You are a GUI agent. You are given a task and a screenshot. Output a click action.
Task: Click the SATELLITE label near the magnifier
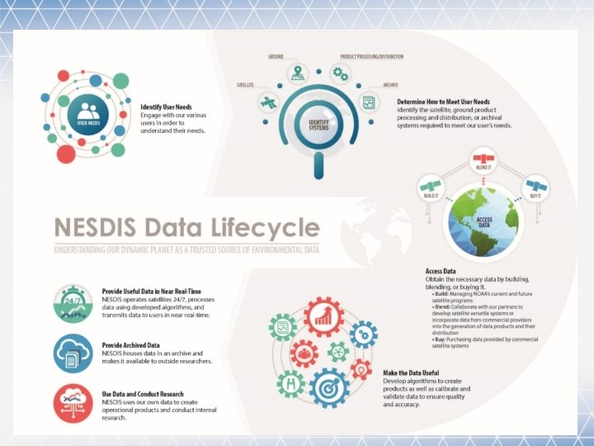coord(246,85)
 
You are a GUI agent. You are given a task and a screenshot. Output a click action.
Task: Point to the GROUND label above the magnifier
coord(276,57)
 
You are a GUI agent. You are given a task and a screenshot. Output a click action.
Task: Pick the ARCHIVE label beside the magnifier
coord(390,85)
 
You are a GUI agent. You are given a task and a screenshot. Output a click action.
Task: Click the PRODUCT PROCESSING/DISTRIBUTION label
coord(372,57)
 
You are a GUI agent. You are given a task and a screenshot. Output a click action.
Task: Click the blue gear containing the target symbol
coord(330,387)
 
